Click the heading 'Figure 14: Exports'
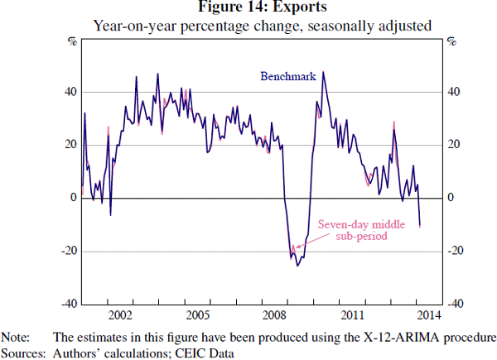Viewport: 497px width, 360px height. coord(263,8)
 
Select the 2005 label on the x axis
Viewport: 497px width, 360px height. coord(196,315)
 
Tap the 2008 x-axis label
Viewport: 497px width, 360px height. coord(273,315)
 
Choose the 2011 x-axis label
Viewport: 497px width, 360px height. coord(350,315)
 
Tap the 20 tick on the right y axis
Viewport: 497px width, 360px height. coord(453,145)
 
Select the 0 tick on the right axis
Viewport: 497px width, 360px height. coord(451,198)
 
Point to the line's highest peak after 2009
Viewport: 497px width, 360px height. coord(323,71)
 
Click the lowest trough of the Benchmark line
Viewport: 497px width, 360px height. coord(297,265)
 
